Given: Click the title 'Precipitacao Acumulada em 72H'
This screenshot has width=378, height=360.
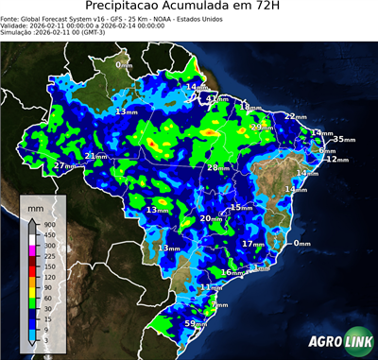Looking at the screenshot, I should click(189, 9).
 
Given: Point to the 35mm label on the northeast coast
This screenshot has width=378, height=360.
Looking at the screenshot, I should click(344, 139).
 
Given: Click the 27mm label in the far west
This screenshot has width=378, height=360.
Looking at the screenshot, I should click(64, 165).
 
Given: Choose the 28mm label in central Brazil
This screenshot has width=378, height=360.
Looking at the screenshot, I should click(218, 167).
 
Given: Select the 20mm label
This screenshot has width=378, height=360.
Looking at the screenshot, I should click(210, 218).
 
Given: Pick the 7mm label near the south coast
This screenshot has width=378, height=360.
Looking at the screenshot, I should click(220, 305).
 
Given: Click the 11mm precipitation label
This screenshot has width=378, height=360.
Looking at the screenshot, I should click(212, 286).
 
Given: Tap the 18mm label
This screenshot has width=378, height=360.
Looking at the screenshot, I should click(244, 107).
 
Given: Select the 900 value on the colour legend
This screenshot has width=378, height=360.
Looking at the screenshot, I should click(48, 224).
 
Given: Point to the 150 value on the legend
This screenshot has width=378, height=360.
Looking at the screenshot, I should click(48, 266).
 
